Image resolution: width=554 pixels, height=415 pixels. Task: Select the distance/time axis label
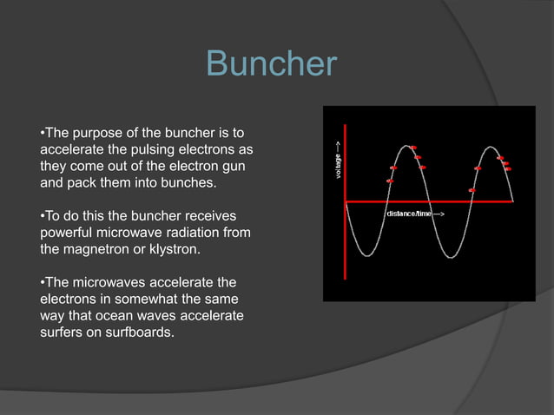[x=414, y=213]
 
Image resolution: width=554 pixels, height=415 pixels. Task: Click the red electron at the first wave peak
[x=413, y=148]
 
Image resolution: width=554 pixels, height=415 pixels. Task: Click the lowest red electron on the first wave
[x=389, y=181]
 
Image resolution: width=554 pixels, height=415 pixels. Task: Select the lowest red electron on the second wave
[x=472, y=189]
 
